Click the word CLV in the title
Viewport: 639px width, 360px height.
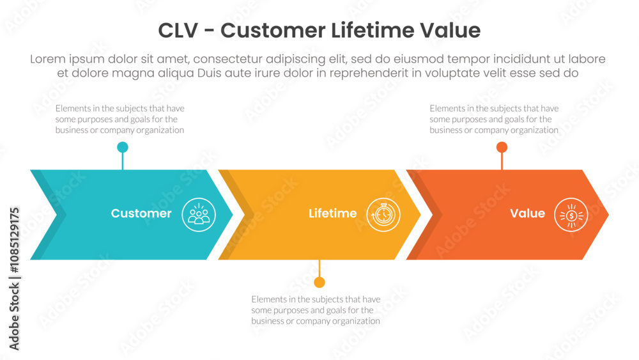point(178,31)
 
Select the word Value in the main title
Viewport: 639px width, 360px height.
point(450,31)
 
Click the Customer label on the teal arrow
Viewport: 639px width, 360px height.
point(141,213)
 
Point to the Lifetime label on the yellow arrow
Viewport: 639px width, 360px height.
point(332,213)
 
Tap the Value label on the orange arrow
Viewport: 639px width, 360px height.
point(527,213)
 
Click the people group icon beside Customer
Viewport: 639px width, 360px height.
point(199,215)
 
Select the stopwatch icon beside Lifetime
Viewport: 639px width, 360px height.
point(383,215)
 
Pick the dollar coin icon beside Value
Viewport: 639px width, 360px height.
point(571,215)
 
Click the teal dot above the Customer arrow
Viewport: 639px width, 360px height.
point(123,147)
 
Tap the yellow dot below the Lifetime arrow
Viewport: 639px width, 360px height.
point(319,282)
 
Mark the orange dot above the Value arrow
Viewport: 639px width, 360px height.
point(502,147)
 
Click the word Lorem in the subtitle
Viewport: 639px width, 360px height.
point(48,59)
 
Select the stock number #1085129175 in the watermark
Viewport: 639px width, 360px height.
point(14,240)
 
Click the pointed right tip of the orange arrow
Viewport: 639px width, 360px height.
point(608,215)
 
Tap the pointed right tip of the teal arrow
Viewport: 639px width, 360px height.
point(233,215)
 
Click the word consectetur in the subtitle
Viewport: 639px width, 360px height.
point(227,59)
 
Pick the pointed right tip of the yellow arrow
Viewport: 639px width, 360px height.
point(420,215)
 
